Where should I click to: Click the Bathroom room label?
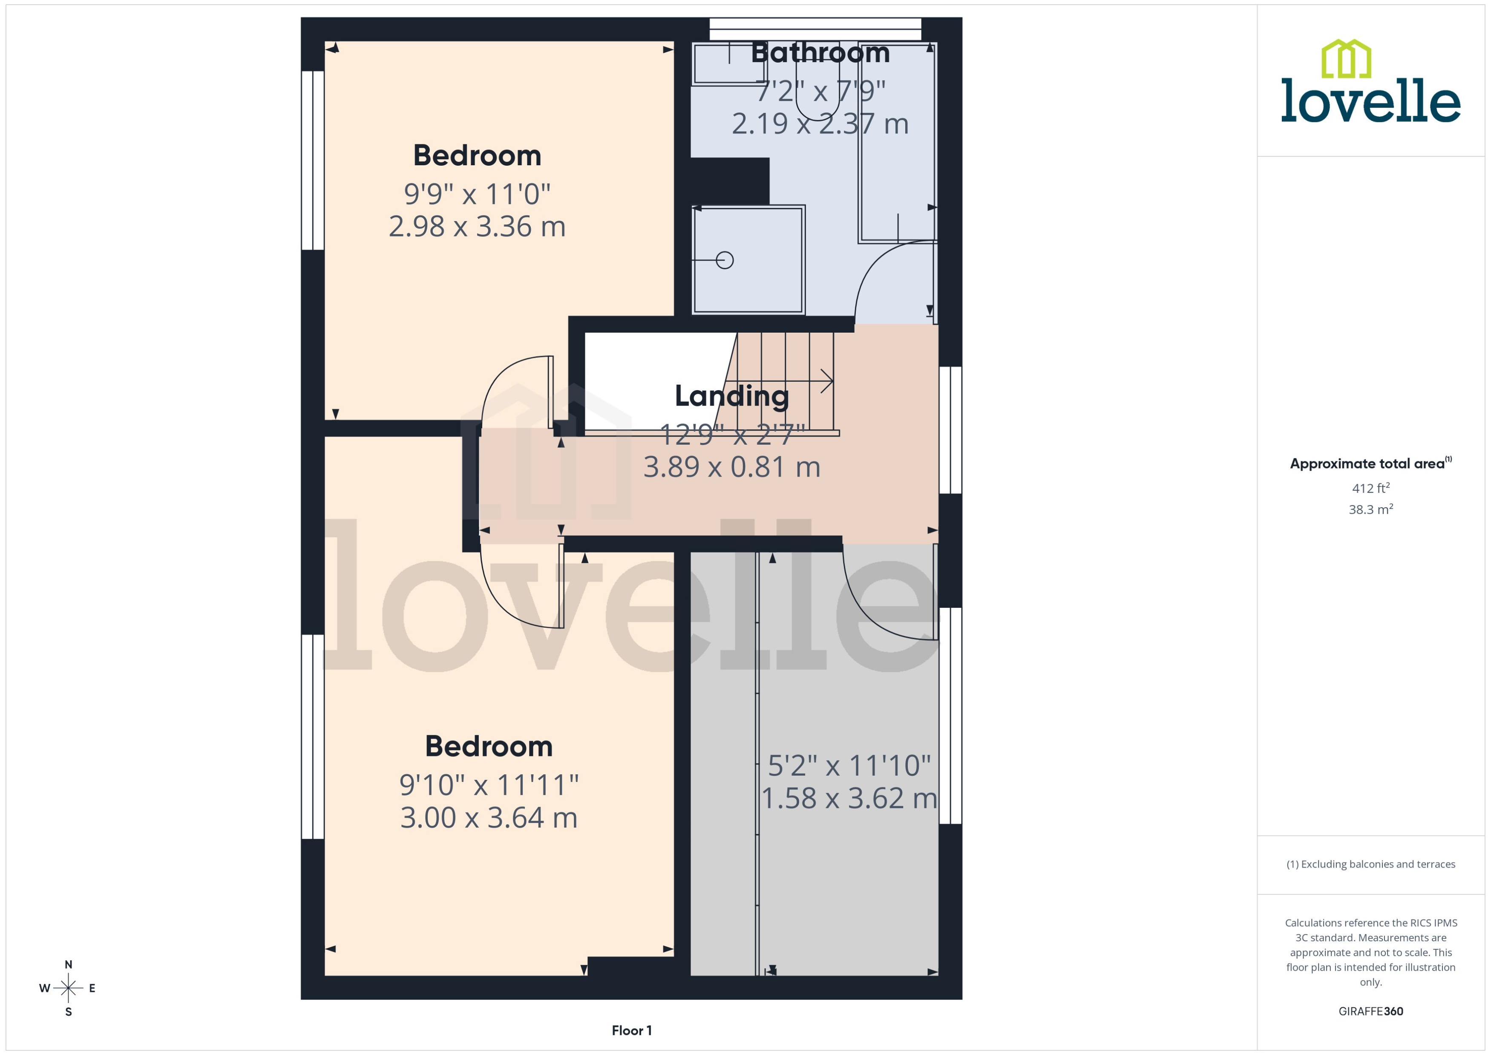pyautogui.click(x=820, y=53)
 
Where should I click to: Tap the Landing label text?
pyautogui.click(x=731, y=396)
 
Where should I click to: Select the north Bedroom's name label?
pyautogui.click(x=477, y=156)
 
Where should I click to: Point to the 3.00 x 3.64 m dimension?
pyautogui.click(x=489, y=817)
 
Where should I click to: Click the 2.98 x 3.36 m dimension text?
pyautogui.click(x=477, y=227)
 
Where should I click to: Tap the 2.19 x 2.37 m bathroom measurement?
pyautogui.click(x=820, y=124)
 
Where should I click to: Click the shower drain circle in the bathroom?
pyautogui.click(x=724, y=261)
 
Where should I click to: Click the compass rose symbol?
pyautogui.click(x=68, y=988)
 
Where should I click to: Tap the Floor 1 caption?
pyautogui.click(x=631, y=1030)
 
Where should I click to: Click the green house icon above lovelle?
pyautogui.click(x=1346, y=59)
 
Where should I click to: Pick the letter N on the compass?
pyautogui.click(x=68, y=965)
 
